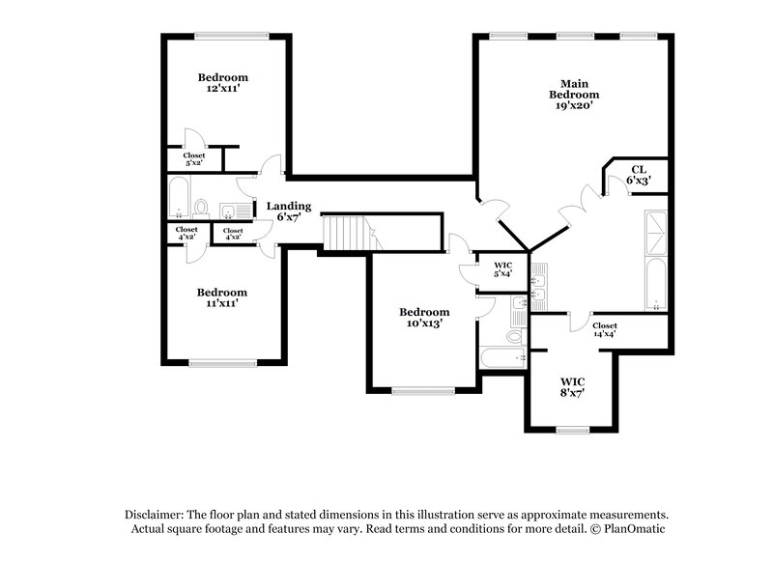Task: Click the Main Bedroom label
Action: pos(574,89)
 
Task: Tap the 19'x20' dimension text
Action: pos(574,107)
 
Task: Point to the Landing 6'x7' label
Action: pos(289,211)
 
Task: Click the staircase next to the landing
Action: pos(345,233)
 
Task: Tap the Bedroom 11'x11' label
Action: pos(223,297)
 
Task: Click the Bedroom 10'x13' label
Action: pos(425,318)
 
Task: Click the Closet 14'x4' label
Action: pos(605,329)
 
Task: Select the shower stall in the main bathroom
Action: pos(655,232)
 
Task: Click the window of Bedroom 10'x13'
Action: pos(422,391)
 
